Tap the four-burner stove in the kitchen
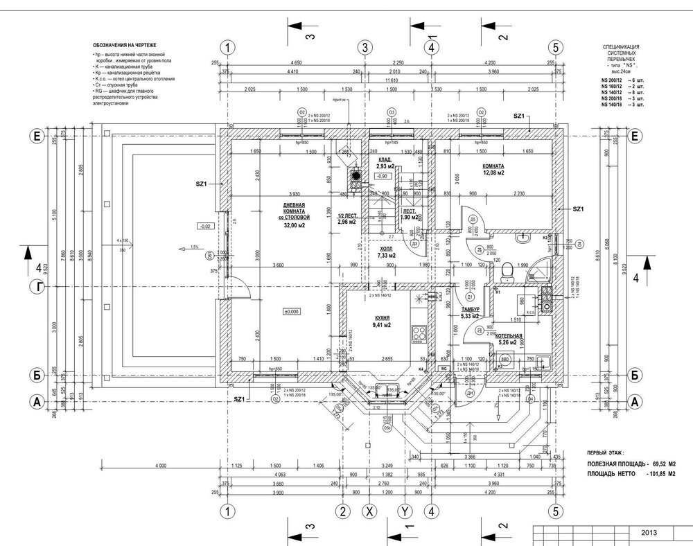pyautogui.click(x=419, y=333)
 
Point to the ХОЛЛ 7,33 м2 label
pyautogui.click(x=386, y=252)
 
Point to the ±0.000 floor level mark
pyautogui.click(x=291, y=312)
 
